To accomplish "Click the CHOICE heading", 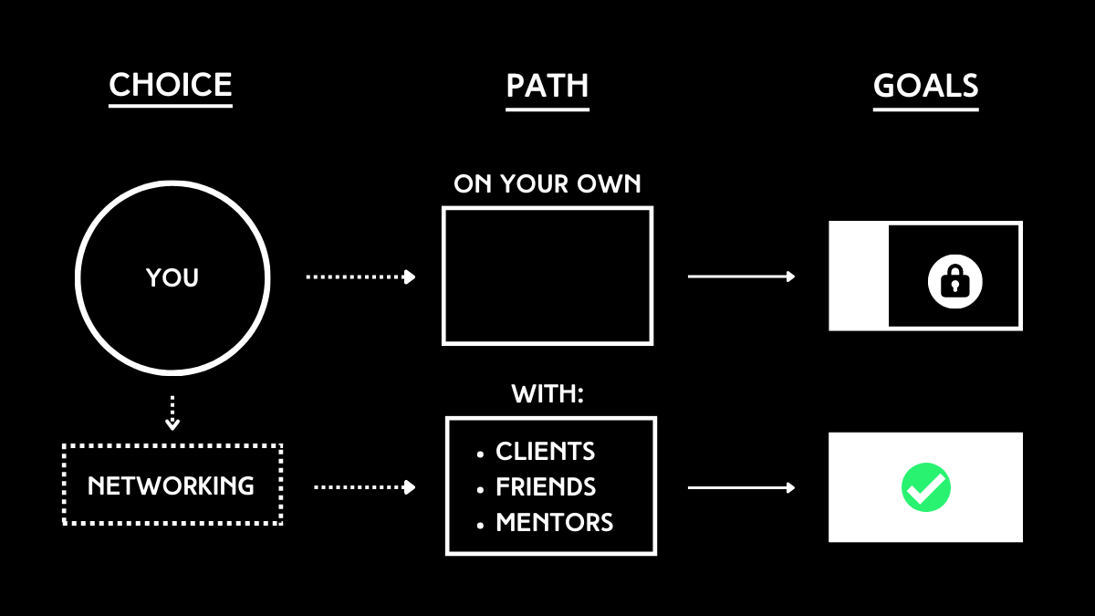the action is coord(171,85).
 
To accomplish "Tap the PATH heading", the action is coord(547,86).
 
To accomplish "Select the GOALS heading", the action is coord(925,86).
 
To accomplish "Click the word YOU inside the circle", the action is coord(172,277).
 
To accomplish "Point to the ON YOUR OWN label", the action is coord(547,184).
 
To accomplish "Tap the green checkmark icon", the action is coord(926,487).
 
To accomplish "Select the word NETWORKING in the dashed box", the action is coord(172,485).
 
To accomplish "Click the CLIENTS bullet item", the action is coord(545,451).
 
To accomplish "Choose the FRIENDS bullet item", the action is coord(545,487).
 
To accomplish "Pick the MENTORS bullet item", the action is coord(554,523).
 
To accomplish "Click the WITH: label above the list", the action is coord(547,395).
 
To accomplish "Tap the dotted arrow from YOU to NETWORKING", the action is coord(172,412).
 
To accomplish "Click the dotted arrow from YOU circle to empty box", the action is coord(360,277).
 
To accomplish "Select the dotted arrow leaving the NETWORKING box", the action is coord(364,487).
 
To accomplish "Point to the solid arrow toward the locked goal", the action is coord(741,276).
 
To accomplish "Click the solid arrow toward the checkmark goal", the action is coord(741,488).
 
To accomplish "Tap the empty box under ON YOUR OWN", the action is coord(547,276).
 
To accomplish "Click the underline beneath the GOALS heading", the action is coord(925,110).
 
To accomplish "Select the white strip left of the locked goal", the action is coord(858,276).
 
